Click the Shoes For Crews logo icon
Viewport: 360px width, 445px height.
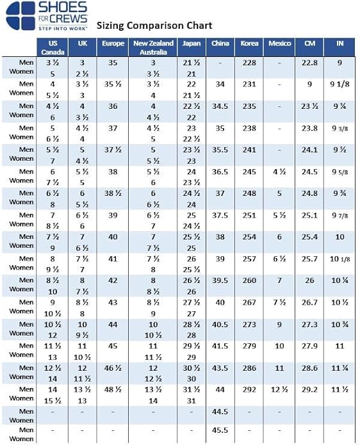click(x=20, y=15)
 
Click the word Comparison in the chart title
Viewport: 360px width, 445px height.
click(x=155, y=26)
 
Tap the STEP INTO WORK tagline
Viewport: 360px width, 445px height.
click(x=63, y=28)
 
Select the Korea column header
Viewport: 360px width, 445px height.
click(x=249, y=44)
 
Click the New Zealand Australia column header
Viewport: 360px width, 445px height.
click(x=153, y=47)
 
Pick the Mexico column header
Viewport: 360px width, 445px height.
click(x=280, y=44)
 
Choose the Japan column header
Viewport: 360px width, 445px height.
click(x=192, y=44)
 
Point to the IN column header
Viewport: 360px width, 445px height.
click(x=340, y=44)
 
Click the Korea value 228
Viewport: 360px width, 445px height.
click(x=249, y=63)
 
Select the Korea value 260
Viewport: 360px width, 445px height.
click(x=249, y=280)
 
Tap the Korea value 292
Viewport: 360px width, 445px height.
click(x=249, y=389)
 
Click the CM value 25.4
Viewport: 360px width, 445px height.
click(x=309, y=237)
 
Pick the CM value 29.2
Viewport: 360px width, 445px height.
click(x=309, y=389)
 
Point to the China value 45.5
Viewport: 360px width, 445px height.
click(x=220, y=430)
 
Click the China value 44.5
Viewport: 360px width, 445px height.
click(x=220, y=412)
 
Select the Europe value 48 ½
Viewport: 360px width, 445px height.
click(x=113, y=389)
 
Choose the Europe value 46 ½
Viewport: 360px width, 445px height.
click(x=113, y=368)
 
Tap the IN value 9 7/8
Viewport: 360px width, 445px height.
click(x=340, y=215)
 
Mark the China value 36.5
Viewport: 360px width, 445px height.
click(x=220, y=172)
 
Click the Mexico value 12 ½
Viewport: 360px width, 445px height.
click(x=279, y=389)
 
